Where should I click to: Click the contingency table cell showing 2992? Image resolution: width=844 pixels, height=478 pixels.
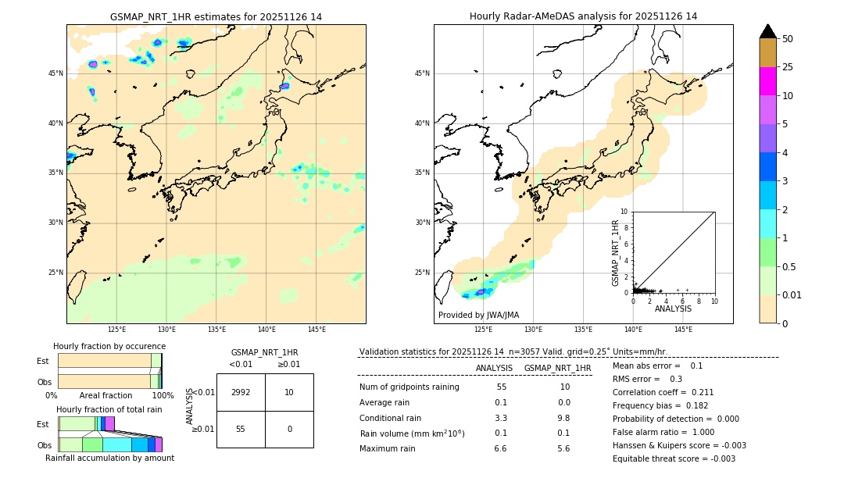tap(241, 392)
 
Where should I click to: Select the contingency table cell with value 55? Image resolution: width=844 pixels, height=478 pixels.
tap(241, 429)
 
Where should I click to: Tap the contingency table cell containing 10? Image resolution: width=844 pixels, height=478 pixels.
tap(289, 392)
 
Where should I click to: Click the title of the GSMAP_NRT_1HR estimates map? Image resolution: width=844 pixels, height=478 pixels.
tap(216, 17)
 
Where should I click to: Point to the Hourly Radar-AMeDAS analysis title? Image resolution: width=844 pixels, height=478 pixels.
tap(583, 16)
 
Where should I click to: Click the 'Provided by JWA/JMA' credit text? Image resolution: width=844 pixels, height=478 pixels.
tap(478, 316)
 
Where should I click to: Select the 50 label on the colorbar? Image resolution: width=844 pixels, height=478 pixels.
tap(788, 39)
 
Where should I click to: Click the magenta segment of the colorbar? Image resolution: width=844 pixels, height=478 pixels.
tap(767, 81)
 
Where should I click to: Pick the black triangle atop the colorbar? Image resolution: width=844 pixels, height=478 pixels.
tap(768, 31)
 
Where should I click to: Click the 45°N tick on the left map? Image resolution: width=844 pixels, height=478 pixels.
tap(55, 73)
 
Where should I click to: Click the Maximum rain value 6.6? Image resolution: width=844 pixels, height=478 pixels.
tap(501, 449)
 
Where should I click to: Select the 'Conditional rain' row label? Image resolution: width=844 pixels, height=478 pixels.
tap(390, 418)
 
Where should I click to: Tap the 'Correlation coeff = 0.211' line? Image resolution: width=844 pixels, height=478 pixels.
tap(663, 392)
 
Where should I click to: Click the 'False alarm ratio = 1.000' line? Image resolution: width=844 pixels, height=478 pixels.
tap(663, 432)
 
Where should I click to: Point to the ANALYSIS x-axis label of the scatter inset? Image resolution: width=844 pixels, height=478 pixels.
tap(673, 309)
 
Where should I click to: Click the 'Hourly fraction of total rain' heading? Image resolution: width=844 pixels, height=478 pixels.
tap(109, 409)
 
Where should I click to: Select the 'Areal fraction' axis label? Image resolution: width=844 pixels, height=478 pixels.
tap(106, 396)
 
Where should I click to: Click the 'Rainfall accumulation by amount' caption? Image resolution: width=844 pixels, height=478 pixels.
tap(109, 458)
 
